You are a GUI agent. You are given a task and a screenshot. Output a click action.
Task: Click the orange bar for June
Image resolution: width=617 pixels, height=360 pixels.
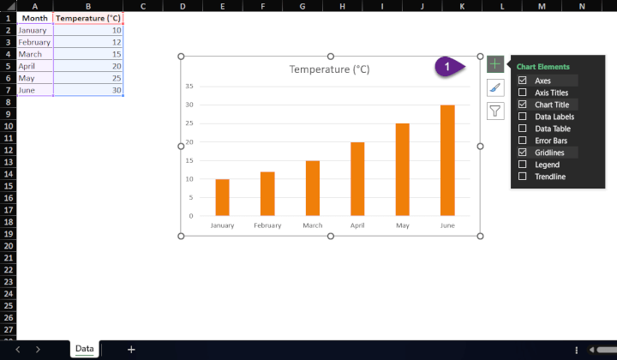447,160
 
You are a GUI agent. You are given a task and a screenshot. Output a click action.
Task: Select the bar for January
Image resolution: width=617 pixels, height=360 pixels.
222,197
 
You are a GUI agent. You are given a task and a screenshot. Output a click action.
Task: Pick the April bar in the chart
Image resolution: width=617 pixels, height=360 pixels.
357,178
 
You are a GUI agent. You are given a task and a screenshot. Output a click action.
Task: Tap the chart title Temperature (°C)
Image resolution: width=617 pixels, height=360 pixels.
330,69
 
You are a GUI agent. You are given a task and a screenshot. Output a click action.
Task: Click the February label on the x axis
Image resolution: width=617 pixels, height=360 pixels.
267,226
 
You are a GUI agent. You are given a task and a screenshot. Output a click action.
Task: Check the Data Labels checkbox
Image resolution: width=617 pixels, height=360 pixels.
523,117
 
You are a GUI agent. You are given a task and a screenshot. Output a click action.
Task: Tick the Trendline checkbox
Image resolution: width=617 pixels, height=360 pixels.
523,177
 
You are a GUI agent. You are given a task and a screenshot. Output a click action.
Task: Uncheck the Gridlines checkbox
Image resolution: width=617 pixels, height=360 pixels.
523,153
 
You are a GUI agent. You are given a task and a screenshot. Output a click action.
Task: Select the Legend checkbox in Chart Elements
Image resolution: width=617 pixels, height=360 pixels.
523,165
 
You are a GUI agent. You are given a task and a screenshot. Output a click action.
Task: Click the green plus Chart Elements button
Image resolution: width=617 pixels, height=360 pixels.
495,64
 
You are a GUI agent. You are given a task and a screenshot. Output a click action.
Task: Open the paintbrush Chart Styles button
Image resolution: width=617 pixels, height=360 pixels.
495,87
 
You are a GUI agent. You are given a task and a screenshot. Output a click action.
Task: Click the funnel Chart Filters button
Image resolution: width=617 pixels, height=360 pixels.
495,111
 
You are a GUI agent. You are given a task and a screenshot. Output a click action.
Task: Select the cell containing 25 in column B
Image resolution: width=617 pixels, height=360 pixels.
87,78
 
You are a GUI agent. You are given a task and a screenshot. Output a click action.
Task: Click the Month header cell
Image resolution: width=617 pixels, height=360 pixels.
35,18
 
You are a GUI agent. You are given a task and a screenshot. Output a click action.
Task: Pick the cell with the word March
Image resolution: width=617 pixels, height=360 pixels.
35,54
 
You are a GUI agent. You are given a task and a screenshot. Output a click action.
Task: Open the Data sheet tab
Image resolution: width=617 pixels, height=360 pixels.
84,349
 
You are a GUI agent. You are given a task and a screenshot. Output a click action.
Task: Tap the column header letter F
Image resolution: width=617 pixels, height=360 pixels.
262,6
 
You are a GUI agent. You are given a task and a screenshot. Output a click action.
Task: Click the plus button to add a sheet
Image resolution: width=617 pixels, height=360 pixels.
131,349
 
